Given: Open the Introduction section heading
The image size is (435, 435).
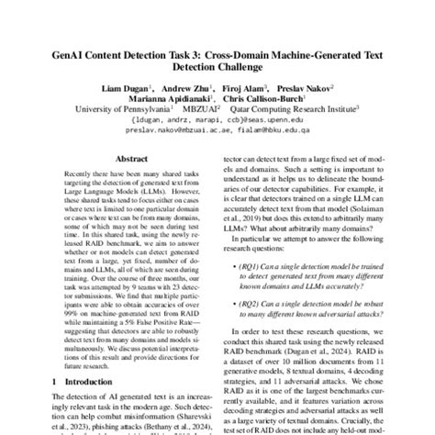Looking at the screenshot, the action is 94,379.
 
